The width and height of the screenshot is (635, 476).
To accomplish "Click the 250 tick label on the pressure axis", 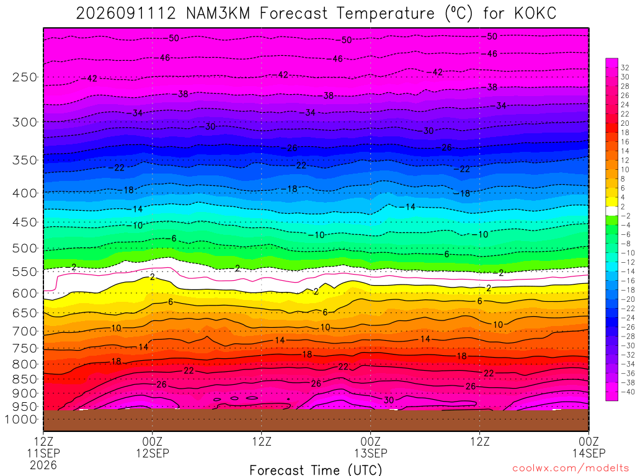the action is (x=25, y=77).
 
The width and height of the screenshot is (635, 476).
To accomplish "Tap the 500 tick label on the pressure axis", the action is (x=25, y=248).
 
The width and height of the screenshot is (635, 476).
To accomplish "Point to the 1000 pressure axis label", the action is (x=21, y=420).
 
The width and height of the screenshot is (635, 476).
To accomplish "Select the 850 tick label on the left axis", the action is (x=25, y=379).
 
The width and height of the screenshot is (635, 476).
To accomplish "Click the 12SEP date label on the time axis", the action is (x=153, y=453).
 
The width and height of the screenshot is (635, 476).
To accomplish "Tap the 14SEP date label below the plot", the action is (x=589, y=453).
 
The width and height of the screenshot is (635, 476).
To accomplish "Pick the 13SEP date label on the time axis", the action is (x=371, y=453).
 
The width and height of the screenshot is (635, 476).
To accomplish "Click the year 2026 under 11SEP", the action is (x=43, y=465).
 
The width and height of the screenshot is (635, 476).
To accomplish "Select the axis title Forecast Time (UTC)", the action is (x=316, y=470).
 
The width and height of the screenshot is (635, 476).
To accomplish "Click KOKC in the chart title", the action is (x=535, y=14).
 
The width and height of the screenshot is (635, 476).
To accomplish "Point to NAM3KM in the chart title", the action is (x=218, y=14).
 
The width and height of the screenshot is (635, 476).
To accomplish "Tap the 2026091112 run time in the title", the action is (x=126, y=14).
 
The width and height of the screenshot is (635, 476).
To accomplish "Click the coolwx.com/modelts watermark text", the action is (x=571, y=469).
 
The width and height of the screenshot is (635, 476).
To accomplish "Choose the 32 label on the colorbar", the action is (x=625, y=68).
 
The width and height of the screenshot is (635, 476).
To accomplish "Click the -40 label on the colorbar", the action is (x=628, y=392).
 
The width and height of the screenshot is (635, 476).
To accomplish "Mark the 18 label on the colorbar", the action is (x=625, y=133).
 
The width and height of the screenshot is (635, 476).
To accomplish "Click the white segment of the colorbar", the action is (x=611, y=211).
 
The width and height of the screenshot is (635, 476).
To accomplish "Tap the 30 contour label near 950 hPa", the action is (x=389, y=400).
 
